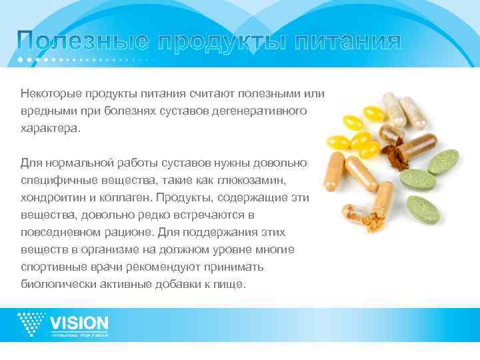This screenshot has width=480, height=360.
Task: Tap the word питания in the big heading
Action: pyautogui.click(x=347, y=43)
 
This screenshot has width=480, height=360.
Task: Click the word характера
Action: pyautogui.click(x=48, y=127)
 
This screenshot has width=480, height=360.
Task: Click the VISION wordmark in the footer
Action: pyautogui.click(x=79, y=323)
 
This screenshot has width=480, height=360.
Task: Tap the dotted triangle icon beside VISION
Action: pyautogui.click(x=31, y=324)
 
